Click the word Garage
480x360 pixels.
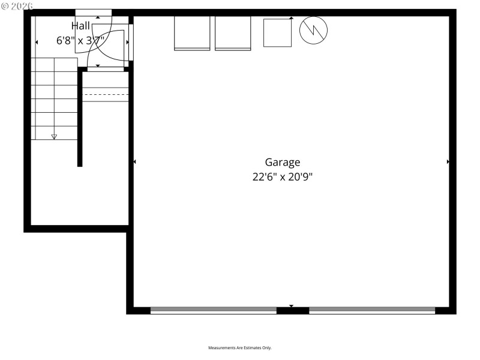(x=283, y=162)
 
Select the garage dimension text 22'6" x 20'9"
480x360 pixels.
(x=283, y=177)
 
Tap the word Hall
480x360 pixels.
(x=81, y=26)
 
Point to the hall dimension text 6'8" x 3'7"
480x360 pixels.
(x=81, y=41)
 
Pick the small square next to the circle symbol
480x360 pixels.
(x=277, y=32)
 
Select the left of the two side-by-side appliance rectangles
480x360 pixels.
(x=192, y=33)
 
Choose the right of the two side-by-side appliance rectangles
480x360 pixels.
(x=233, y=33)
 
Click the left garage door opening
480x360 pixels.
(x=213, y=310)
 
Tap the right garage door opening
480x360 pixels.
(x=372, y=310)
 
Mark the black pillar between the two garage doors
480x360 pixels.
(x=293, y=310)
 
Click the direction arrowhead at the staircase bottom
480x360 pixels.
(x=54, y=137)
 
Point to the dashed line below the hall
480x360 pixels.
(x=106, y=95)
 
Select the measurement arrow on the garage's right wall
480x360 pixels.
(x=448, y=162)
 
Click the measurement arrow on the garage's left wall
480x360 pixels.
(x=134, y=162)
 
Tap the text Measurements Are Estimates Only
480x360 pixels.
(x=240, y=348)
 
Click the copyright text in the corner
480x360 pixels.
(x=17, y=5)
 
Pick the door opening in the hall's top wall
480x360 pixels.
(x=93, y=13)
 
